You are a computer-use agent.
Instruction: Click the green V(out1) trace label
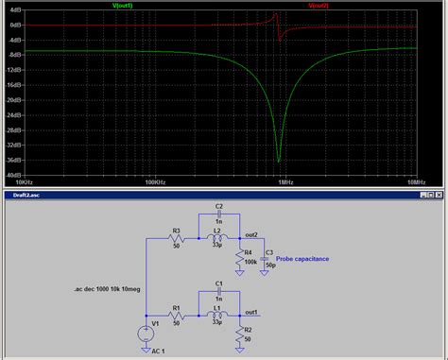click(x=149, y=7)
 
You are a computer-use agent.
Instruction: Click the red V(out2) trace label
click(x=319, y=7)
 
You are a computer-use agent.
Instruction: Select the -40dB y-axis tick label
click(x=13, y=175)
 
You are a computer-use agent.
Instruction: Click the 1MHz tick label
click(x=284, y=181)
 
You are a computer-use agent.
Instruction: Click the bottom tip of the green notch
click(x=278, y=161)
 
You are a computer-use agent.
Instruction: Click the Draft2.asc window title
click(x=23, y=195)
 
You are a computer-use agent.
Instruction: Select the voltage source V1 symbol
click(x=145, y=332)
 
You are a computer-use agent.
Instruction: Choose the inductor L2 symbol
click(x=218, y=239)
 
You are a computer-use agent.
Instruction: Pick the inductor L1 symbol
click(x=218, y=315)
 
